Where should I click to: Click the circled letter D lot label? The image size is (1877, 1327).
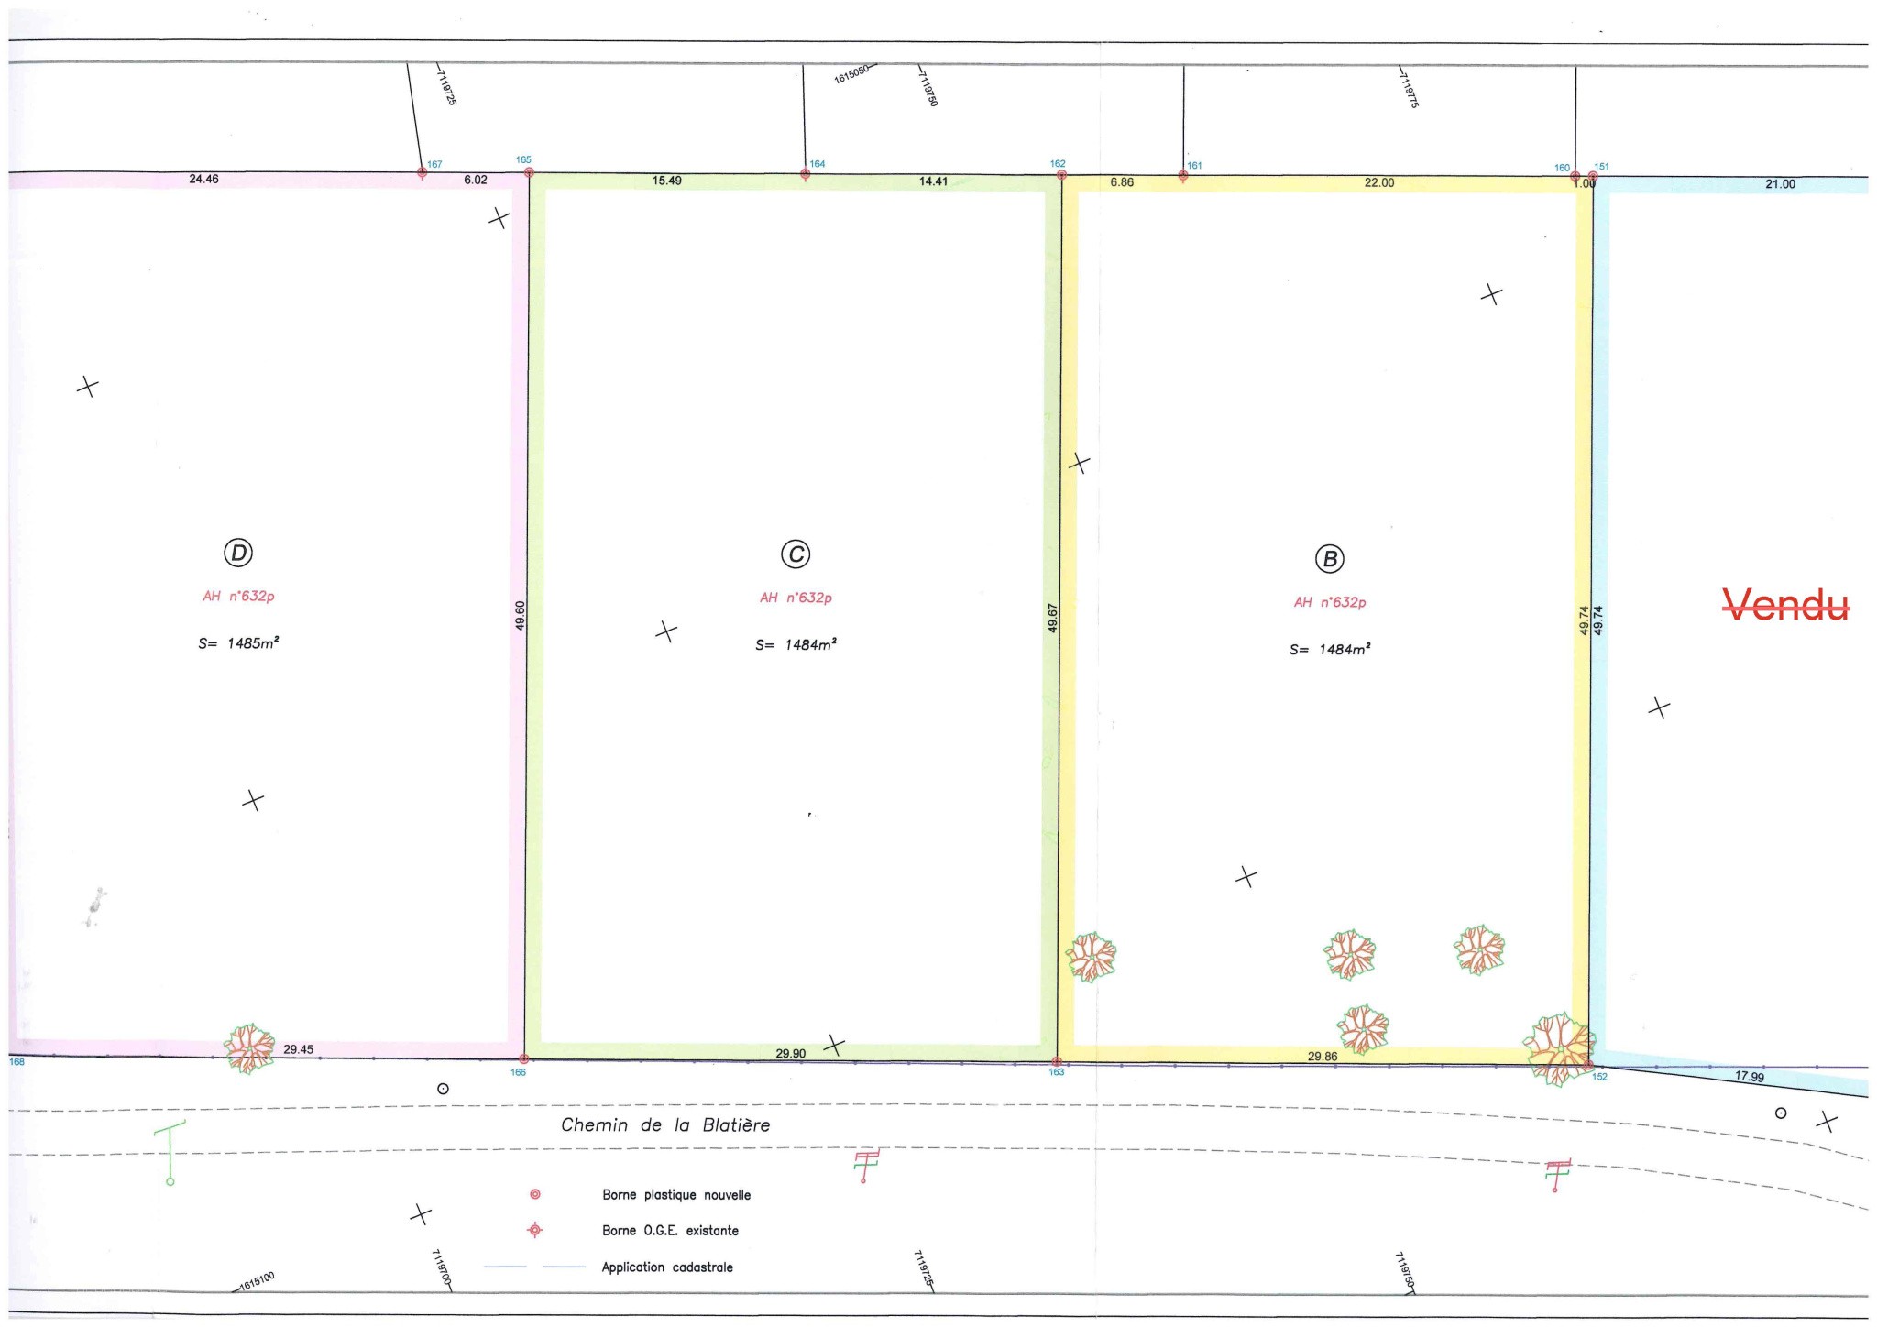pos(238,553)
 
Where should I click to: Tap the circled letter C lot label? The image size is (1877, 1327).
pos(796,554)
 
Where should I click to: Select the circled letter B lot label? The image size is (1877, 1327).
pos(1329,559)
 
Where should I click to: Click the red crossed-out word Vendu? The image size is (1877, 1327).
pos(1785,605)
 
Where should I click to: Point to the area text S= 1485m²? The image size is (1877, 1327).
pos(238,643)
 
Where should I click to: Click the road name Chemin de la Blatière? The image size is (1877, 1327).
pos(665,1125)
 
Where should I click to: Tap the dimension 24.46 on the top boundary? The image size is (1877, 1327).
pos(203,179)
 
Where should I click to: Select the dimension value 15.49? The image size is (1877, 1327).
pos(667,181)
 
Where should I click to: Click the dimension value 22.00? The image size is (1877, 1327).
pos(1379,182)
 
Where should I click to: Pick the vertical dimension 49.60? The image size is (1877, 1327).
pos(521,615)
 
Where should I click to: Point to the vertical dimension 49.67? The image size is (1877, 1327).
pos(1053,618)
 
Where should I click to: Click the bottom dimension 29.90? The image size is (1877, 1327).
pos(791,1053)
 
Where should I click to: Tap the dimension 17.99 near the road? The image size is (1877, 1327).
pos(1750,1076)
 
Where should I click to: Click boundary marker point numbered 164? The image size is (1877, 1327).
pos(805,173)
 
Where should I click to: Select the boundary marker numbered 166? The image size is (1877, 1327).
pos(523,1058)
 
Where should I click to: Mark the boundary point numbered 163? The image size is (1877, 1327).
pos(1057,1061)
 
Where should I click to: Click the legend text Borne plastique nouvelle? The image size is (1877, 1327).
pos(676,1195)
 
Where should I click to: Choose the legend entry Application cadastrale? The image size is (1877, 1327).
pos(667,1267)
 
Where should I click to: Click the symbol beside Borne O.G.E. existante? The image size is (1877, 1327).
pos(535,1230)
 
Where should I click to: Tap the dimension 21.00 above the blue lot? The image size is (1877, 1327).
pos(1780,184)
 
